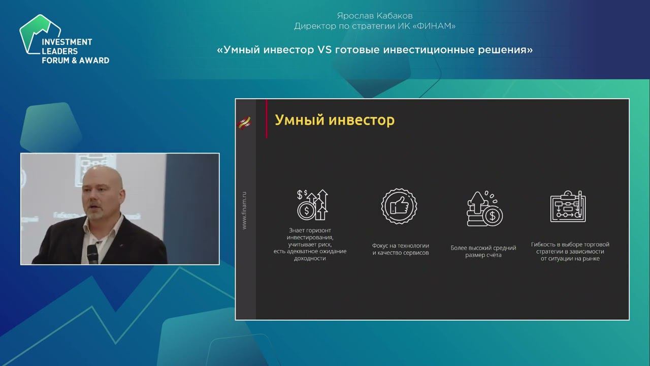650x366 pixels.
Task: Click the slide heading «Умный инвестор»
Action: point(334,120)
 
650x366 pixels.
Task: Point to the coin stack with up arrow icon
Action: point(484,208)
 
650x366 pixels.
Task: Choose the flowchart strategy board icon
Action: point(568,206)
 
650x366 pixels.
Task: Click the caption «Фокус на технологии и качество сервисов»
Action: point(400,249)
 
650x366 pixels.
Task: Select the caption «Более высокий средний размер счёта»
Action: point(483,251)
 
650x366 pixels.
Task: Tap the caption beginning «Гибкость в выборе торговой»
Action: point(570,251)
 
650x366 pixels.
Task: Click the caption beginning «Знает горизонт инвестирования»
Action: point(310,244)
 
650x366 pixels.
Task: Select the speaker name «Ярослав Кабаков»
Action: point(375,16)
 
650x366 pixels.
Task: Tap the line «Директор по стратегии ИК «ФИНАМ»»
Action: point(375,26)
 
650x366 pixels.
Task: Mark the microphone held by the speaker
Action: point(92,252)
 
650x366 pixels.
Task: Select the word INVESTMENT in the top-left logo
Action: point(67,42)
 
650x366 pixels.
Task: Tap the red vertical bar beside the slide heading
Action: point(266,119)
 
